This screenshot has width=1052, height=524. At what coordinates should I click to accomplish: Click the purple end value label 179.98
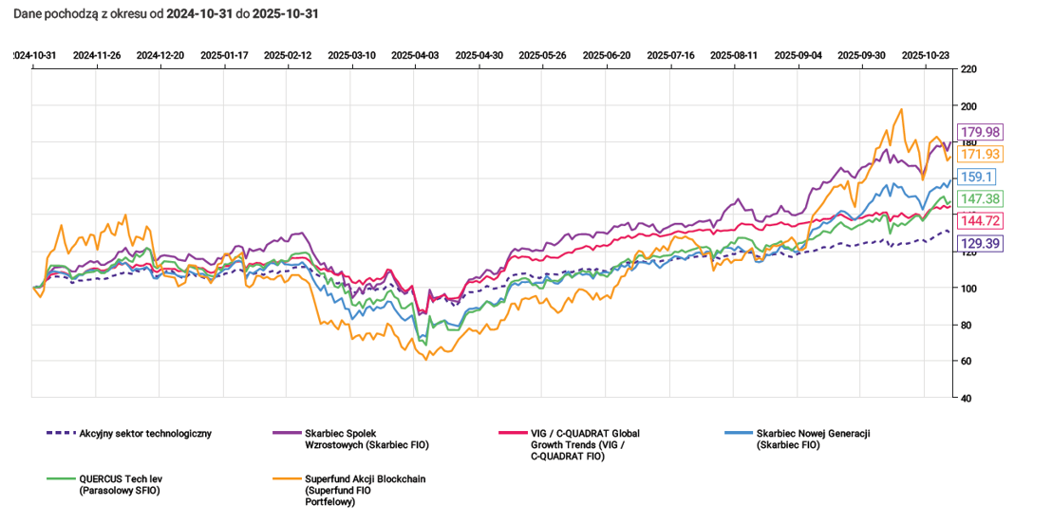(x=983, y=132)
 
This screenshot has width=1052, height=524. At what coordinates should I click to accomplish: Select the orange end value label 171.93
(x=983, y=154)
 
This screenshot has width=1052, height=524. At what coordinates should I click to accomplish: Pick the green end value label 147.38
(x=983, y=198)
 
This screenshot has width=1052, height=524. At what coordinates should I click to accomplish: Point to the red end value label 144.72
(x=983, y=221)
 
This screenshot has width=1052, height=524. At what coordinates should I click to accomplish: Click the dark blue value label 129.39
(x=983, y=244)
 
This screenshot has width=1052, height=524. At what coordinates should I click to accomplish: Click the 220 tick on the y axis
(x=969, y=70)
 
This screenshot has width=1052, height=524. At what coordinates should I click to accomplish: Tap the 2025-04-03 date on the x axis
(x=415, y=55)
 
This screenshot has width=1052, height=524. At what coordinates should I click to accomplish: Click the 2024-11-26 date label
(x=96, y=55)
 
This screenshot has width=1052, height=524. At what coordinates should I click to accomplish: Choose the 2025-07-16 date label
(x=670, y=55)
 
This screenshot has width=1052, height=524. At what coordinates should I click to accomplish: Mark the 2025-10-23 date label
(x=926, y=55)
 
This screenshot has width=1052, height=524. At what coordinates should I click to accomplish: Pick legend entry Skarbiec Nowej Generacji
(x=813, y=439)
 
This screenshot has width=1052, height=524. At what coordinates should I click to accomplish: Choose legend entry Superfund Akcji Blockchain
(x=365, y=490)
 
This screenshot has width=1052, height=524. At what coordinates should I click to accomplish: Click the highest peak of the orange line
(x=899, y=109)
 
